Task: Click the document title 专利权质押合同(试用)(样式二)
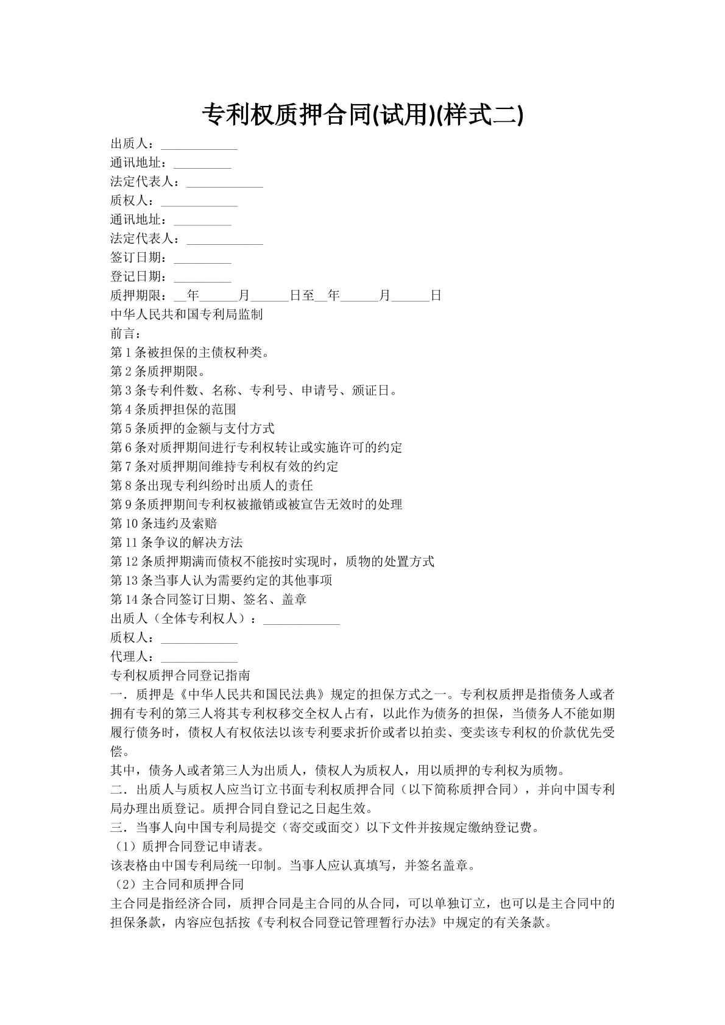click(362, 114)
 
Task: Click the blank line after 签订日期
click(202, 259)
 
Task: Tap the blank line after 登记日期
click(202, 278)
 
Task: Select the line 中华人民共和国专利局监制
click(186, 315)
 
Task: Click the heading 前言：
click(126, 334)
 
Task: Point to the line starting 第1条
click(189, 353)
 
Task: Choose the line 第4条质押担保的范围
click(173, 409)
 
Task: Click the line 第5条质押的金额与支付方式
click(193, 429)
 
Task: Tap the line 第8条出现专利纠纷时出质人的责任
click(211, 485)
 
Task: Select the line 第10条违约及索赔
click(163, 524)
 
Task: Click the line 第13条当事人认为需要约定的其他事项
click(221, 580)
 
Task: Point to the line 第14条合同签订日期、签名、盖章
click(208, 600)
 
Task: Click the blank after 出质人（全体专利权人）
click(301, 620)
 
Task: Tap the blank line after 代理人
click(199, 658)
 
